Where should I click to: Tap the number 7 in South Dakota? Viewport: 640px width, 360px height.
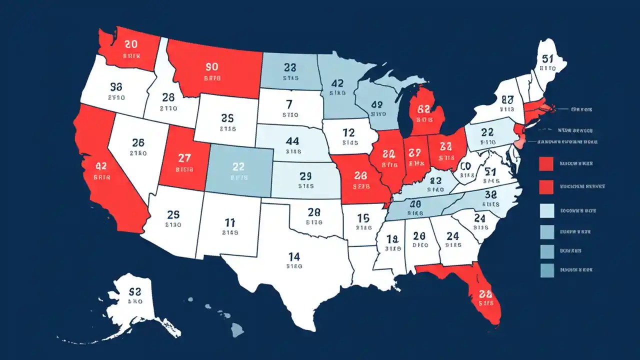pos(288,104)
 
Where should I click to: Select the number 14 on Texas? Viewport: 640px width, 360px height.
pos(294,256)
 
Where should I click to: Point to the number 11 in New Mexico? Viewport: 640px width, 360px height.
pos(230,222)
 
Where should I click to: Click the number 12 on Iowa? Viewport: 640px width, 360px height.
pos(348,132)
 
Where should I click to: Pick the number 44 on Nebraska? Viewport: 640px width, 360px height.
pos(292,141)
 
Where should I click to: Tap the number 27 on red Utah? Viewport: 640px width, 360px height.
pos(184,158)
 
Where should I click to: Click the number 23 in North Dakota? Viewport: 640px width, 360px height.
pos(290,67)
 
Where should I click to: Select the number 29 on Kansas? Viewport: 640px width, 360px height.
pos(305,176)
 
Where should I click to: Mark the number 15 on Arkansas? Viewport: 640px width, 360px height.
pos(363,218)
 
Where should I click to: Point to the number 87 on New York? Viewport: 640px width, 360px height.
pos(507,99)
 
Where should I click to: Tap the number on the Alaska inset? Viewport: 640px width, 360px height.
pos(135,291)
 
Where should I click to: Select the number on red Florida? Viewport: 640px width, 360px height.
pos(485,293)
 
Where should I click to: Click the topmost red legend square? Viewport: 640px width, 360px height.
pos(546,163)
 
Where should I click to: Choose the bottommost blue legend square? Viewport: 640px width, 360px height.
pos(546,270)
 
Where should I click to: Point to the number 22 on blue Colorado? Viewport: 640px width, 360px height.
pos(238,167)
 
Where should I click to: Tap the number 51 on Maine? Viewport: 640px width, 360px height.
pos(548,58)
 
